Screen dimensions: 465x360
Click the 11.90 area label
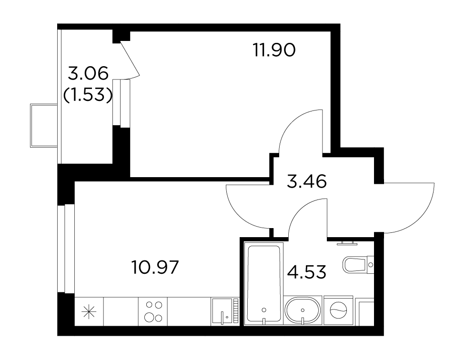274,50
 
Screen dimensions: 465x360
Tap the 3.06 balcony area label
88,73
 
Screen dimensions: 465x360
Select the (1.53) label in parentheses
88,95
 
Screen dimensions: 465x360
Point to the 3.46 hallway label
307,181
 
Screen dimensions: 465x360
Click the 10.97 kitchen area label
155,267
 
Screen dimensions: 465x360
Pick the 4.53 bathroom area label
307,272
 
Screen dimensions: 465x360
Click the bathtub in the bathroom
263,283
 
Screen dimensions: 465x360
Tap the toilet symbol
358,264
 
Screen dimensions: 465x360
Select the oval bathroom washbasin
303,310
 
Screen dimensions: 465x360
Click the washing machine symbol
338,310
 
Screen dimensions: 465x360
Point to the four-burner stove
153,312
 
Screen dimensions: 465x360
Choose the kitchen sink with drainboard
225,312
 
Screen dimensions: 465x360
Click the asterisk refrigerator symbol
89,312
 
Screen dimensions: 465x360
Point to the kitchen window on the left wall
66,248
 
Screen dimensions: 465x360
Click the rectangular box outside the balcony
44,125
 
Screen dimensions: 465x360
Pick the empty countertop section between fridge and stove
121,312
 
